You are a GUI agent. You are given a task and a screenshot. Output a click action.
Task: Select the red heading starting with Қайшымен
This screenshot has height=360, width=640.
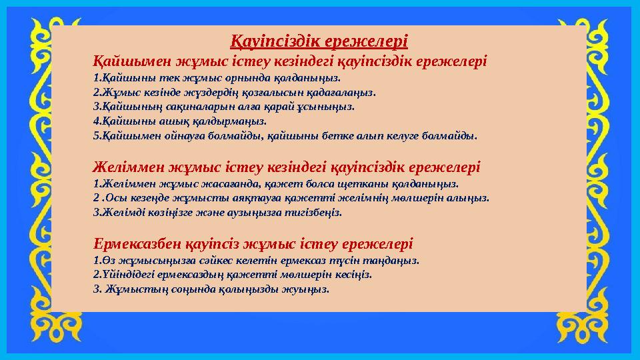point(290,61)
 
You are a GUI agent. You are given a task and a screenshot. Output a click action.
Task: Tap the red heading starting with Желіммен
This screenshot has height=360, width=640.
point(287,165)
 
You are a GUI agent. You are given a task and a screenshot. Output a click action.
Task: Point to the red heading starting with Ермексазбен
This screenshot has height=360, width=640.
point(253,243)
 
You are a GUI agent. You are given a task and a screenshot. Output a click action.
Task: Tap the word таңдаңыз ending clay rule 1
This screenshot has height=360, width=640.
point(397,261)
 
